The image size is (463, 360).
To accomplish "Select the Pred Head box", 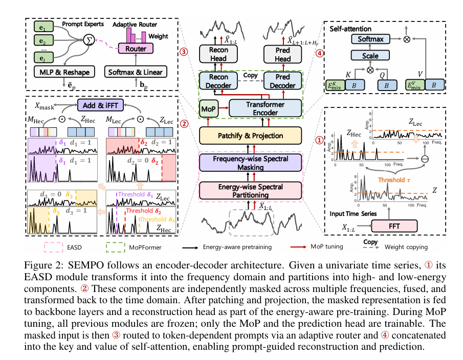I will click(283, 54).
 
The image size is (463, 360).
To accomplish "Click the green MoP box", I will click(208, 108).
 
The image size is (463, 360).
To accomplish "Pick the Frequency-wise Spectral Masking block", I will click(251, 163).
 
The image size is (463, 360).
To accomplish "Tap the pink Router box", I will click(136, 49).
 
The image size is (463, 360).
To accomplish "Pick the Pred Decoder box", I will click(283, 81).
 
